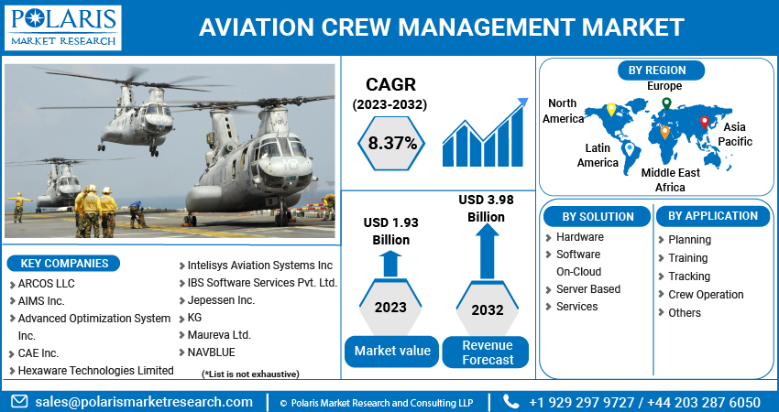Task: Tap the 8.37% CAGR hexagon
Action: tap(392, 143)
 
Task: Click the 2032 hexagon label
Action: tap(487, 309)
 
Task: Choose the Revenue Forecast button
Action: tap(487, 352)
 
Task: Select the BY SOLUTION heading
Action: tap(598, 217)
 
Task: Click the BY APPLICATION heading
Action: tap(713, 216)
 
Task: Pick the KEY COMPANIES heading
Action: tap(64, 264)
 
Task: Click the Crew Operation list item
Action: tap(705, 295)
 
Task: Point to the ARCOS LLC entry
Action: tap(46, 284)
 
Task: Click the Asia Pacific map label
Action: tap(735, 135)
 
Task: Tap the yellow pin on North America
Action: tap(610, 109)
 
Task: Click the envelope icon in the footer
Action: tap(18, 402)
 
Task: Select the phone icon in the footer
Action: tap(511, 402)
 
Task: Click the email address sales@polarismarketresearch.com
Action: tap(144, 402)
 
